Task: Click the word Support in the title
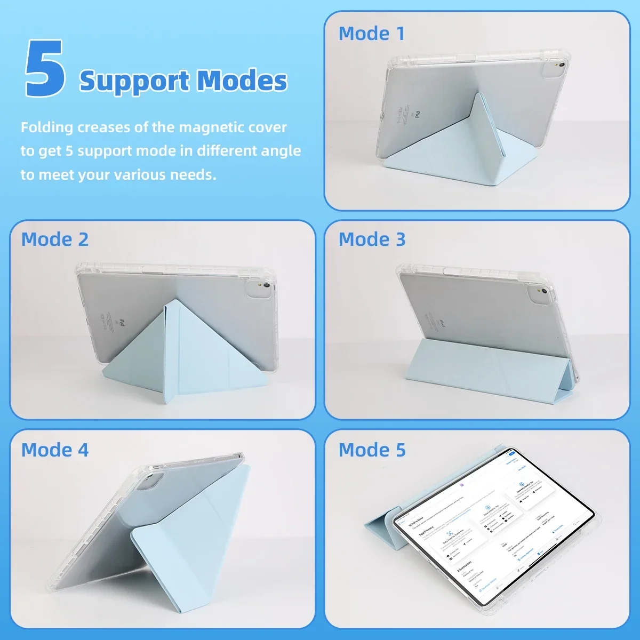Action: point(133,81)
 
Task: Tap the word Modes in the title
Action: point(242,81)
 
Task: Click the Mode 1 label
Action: point(371,34)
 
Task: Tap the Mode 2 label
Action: point(55,239)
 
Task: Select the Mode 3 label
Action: point(372,239)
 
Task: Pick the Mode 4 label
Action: point(55,450)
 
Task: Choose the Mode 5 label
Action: point(372,450)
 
